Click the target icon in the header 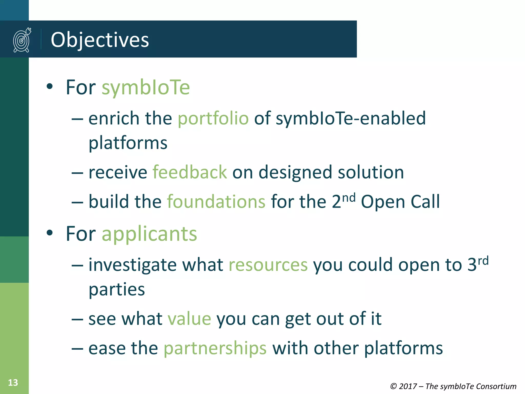[22, 40]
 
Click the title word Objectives [100, 40]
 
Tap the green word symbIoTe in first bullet [146, 88]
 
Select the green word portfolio [213, 119]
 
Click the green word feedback [190, 172]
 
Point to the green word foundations [216, 202]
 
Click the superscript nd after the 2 [349, 198]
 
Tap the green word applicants [149, 234]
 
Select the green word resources [268, 265]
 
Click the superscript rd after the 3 [483, 261]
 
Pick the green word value [189, 319]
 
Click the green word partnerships [215, 349]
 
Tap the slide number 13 [13, 383]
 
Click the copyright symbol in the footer [393, 386]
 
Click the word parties [117, 290]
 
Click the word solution [371, 172]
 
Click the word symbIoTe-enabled [351, 119]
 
